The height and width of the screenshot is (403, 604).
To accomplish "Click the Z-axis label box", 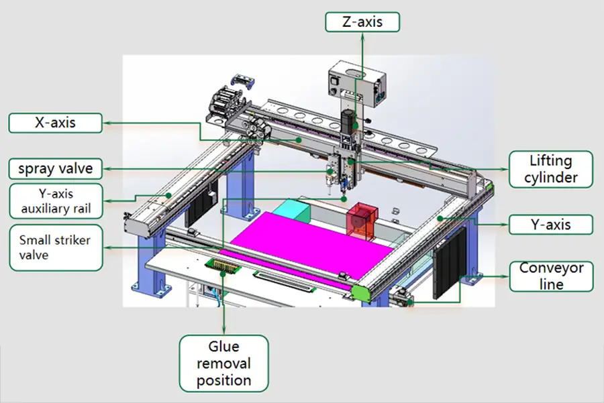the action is click(x=362, y=22).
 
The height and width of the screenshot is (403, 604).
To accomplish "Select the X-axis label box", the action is click(x=56, y=123).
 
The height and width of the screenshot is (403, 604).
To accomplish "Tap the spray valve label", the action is click(x=56, y=168).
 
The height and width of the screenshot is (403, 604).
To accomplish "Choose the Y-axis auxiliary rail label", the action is click(x=56, y=201).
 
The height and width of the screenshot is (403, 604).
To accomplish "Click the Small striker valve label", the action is click(x=56, y=247).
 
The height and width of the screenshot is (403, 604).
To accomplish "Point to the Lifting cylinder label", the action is click(x=551, y=169).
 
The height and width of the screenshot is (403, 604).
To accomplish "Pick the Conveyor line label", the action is click(x=551, y=276).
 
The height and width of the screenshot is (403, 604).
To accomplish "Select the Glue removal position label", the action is click(x=223, y=363).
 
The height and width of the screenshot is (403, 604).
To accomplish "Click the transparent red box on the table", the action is click(x=362, y=221).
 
